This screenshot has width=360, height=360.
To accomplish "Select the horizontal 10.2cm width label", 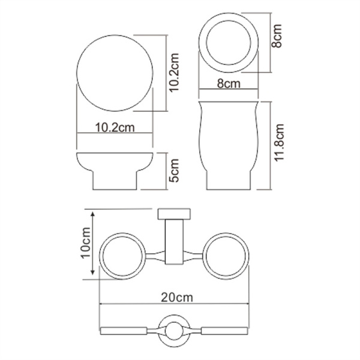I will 114,127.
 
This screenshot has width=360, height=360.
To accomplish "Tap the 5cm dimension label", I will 174,170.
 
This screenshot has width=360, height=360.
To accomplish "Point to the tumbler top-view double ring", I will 229,41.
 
